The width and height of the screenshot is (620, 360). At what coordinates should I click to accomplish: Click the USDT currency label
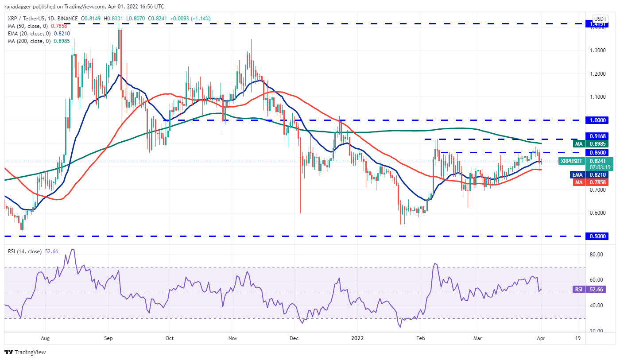click(x=600, y=19)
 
